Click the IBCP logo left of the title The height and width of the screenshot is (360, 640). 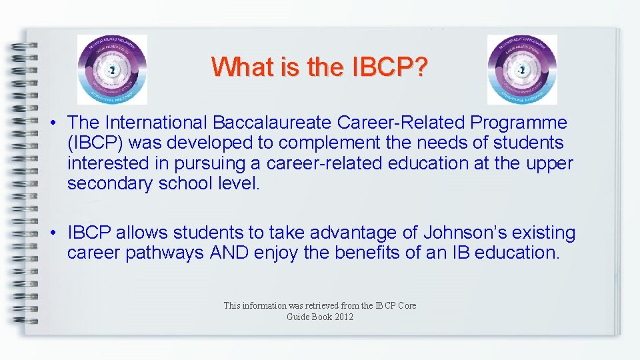click(x=112, y=70)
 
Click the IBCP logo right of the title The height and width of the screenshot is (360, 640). click(x=522, y=70)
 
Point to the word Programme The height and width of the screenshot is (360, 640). click(x=520, y=123)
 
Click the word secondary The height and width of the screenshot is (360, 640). click(x=110, y=183)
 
